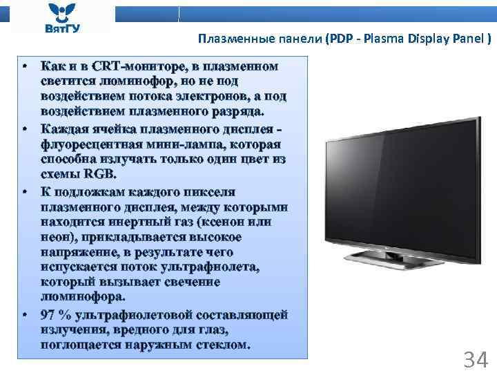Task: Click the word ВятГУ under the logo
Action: pos(61,28)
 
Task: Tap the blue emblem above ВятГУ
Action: pos(61,11)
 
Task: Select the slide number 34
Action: pos(476,359)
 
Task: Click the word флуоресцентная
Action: pos(90,144)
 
